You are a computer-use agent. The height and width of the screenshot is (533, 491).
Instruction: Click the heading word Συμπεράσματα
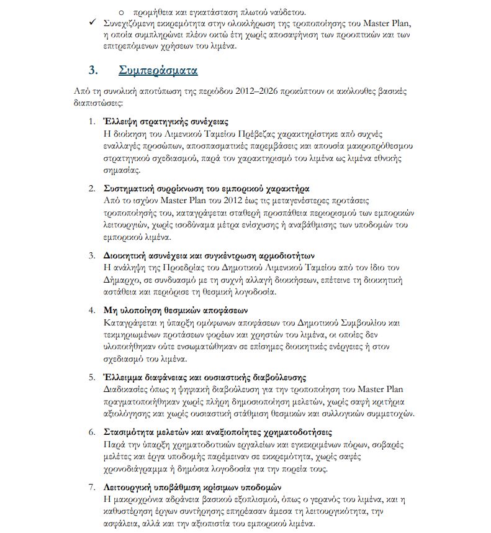pyautogui.click(x=158, y=70)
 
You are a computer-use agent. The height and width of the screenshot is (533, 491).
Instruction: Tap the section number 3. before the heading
pyautogui.click(x=94, y=70)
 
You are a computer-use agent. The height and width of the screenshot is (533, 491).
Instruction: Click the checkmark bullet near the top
pyautogui.click(x=93, y=24)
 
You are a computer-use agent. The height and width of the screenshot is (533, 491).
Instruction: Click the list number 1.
pyautogui.click(x=91, y=121)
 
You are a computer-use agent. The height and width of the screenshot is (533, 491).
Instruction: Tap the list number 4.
pyautogui.click(x=91, y=310)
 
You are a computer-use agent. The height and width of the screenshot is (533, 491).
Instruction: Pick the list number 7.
pyautogui.click(x=91, y=488)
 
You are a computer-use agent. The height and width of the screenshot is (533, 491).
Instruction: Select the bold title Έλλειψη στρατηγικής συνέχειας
pyautogui.click(x=166, y=121)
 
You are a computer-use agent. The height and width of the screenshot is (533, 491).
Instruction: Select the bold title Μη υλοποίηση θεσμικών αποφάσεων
pyautogui.click(x=176, y=310)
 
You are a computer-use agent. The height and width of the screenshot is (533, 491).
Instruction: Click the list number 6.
pyautogui.click(x=91, y=432)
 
